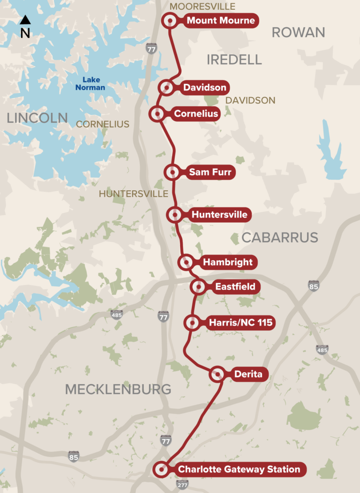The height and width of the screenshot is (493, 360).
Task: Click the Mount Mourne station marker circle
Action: coord(169,21)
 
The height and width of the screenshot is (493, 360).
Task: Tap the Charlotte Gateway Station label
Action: coord(239,469)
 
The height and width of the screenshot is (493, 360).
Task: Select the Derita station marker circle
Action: coord(217,374)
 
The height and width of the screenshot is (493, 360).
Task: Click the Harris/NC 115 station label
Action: coord(240,322)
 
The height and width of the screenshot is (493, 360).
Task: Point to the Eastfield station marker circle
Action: coord(198,286)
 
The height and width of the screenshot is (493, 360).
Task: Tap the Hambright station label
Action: coord(227,262)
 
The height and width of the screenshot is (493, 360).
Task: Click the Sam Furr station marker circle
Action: coord(172,172)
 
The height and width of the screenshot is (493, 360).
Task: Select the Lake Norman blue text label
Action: coord(91,83)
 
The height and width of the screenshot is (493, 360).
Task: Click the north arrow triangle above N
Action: coord(25,20)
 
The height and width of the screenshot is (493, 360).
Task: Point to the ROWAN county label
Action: coord(298,32)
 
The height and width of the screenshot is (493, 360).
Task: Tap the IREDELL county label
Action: coord(234,60)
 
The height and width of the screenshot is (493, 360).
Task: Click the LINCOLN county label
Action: coord(37,118)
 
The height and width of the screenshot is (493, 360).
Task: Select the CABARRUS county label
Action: coord(280,238)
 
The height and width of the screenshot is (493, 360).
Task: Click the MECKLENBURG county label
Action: coord(118,389)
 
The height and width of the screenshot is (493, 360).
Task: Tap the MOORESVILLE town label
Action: coord(202,6)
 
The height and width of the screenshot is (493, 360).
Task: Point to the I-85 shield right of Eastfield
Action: coord(314,286)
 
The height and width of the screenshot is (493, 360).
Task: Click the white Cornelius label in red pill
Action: coord(196,113)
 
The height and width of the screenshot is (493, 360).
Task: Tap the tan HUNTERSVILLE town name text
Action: coord(134,194)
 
